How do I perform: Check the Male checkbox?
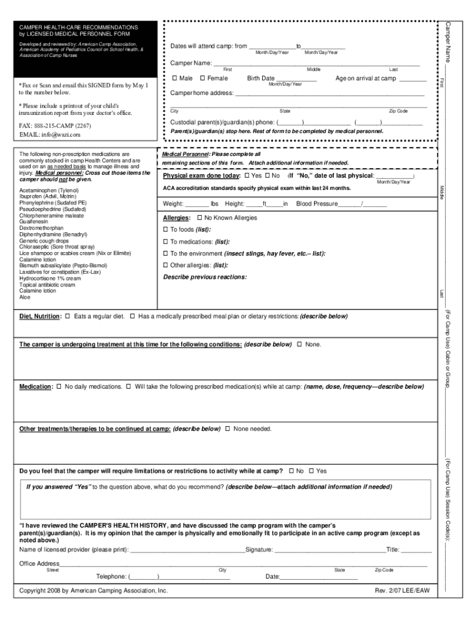175,79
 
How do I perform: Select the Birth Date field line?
296,79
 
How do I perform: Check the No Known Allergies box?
200,218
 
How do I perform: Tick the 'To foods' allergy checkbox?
166,230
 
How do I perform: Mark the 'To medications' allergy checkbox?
166,242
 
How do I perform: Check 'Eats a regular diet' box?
68,316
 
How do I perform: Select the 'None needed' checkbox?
228,429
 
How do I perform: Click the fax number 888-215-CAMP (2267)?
55,126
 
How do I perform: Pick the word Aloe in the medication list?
25,297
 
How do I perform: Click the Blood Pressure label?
317,204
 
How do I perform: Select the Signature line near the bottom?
330,550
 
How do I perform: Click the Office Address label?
39,564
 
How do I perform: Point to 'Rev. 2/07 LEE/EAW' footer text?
402,591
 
